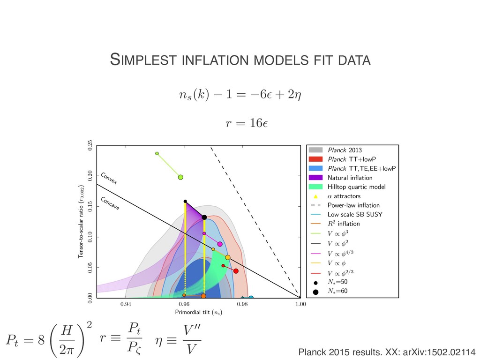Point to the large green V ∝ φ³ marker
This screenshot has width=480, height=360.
(x=180, y=177)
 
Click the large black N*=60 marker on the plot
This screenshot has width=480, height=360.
(x=204, y=217)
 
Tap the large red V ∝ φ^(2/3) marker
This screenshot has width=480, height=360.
(x=236, y=271)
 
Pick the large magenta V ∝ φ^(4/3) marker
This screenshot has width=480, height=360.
(x=220, y=244)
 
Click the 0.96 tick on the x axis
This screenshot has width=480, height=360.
(x=184, y=305)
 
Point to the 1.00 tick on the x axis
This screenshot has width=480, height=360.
(x=300, y=305)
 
